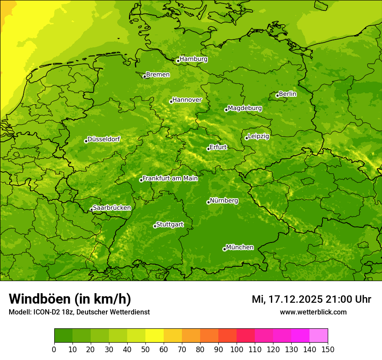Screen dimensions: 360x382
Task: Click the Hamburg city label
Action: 193,59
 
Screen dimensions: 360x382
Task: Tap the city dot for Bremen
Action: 145,76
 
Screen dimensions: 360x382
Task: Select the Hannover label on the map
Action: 187,100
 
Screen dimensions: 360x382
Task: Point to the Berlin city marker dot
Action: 277,95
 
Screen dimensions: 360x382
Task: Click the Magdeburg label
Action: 245,108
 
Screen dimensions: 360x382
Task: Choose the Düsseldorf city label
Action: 104,139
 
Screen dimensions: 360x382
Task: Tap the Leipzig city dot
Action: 247,138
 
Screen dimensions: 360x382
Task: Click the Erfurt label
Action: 218,147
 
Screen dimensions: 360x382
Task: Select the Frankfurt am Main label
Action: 170,178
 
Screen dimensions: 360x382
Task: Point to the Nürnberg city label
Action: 224,201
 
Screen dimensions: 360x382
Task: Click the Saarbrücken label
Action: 112,208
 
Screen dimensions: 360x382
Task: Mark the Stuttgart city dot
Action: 155,226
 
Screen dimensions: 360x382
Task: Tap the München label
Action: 240,247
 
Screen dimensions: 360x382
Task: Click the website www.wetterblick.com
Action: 313,312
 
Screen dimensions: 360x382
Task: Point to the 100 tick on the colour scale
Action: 237,349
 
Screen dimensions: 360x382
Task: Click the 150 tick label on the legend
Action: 328,349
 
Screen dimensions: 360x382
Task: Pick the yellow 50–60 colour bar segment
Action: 155,335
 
